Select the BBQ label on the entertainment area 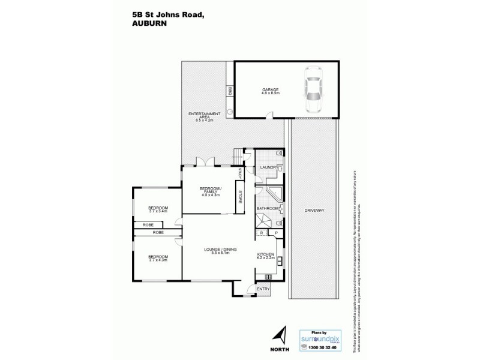(x=230, y=92)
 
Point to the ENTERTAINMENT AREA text (x=204, y=114)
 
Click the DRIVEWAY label (x=314, y=211)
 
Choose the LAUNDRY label (x=267, y=167)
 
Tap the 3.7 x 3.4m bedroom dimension (x=158, y=211)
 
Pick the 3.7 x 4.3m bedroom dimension (x=158, y=259)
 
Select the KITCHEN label (x=266, y=254)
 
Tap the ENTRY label (x=263, y=289)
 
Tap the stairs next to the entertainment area (x=240, y=155)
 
